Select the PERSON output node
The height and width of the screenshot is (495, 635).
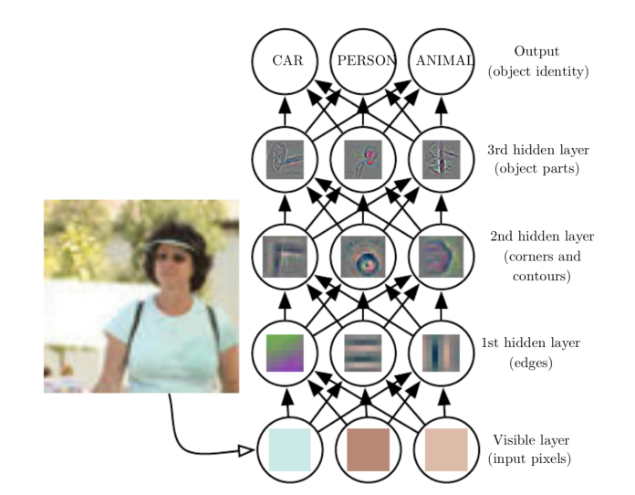[363, 62]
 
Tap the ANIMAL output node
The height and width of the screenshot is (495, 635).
[443, 62]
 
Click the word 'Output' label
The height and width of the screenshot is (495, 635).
[536, 52]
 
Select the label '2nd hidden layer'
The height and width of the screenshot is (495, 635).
[535, 237]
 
